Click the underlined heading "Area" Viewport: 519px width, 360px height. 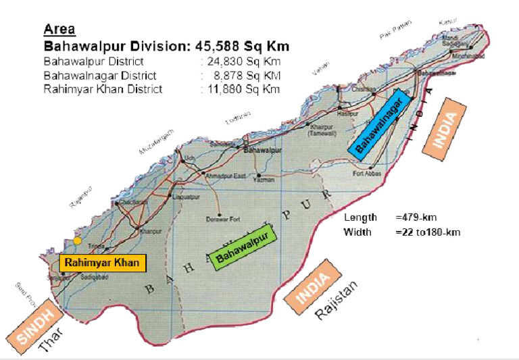pyautogui.click(x=59, y=30)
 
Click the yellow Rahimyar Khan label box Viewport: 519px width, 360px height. pyautogui.click(x=103, y=263)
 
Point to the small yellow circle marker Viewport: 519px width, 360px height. pyautogui.click(x=78, y=240)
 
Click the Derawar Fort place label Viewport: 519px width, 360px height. pyautogui.click(x=222, y=219)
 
